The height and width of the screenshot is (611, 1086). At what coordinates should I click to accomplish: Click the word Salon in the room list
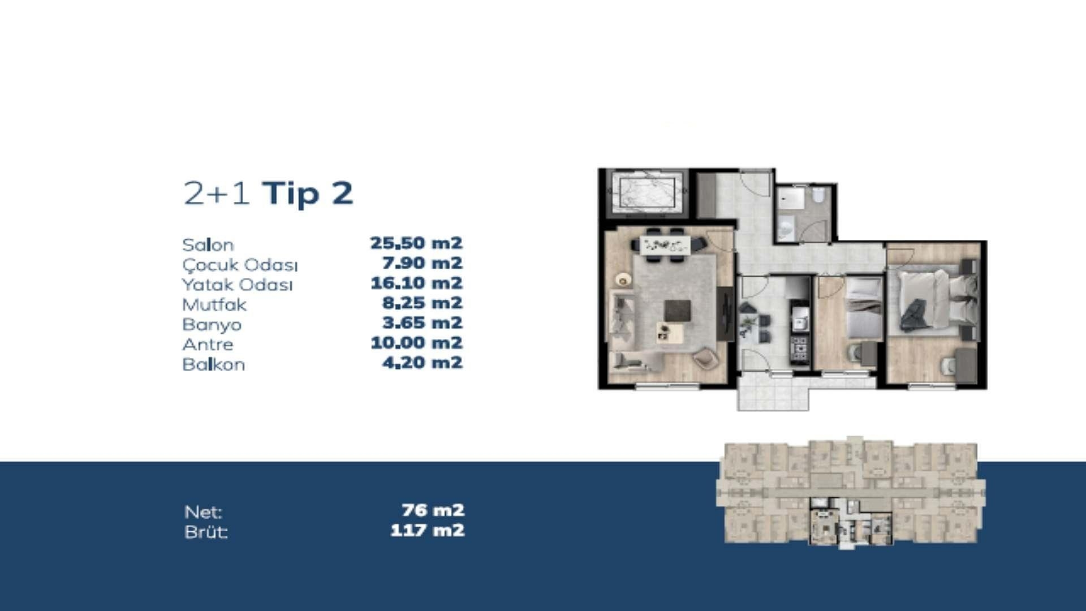(208, 245)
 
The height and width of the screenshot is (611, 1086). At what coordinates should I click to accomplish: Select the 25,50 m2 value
(416, 243)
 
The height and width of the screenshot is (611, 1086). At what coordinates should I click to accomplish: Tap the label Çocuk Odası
(240, 265)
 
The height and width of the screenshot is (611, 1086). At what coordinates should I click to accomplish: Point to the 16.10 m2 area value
(416, 283)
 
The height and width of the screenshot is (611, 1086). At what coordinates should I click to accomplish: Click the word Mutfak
(214, 305)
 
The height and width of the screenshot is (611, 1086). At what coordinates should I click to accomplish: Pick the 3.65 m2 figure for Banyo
(423, 323)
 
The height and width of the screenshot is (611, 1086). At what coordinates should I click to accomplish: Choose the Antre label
(208, 345)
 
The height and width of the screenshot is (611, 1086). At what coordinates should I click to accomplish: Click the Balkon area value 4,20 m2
(423, 363)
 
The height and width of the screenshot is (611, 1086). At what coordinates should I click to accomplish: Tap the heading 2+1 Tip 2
(268, 193)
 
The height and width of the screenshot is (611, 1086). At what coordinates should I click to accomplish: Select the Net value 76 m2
(433, 510)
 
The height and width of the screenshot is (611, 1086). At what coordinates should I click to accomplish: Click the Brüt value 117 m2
(427, 531)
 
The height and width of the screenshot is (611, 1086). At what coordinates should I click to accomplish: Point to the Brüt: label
(206, 532)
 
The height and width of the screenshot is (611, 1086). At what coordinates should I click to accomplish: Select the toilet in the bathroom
(818, 195)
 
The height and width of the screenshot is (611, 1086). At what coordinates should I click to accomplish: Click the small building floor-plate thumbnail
(850, 492)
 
